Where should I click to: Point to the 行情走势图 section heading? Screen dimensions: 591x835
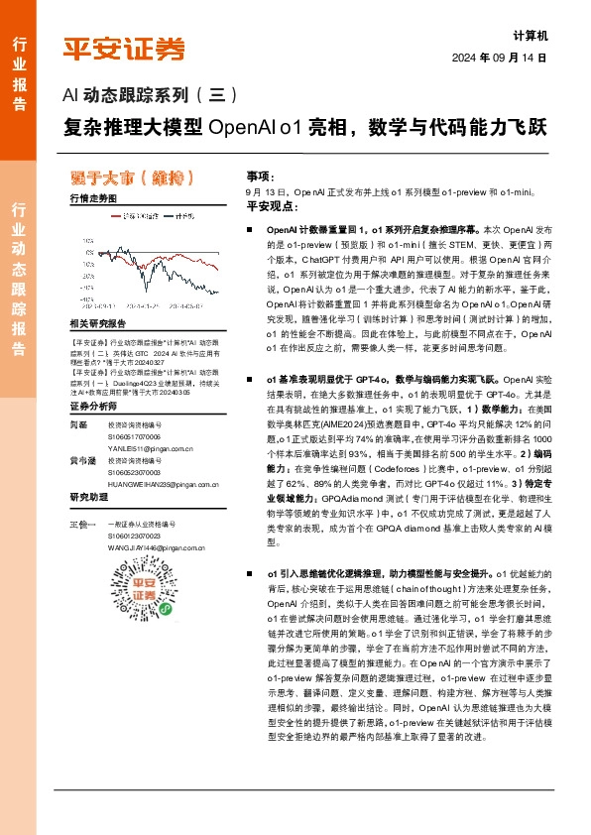(94, 198)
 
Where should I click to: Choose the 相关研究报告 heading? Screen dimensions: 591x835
(98, 324)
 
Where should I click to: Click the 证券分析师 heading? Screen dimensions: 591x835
(95, 406)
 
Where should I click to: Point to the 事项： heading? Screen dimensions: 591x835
(260, 174)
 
